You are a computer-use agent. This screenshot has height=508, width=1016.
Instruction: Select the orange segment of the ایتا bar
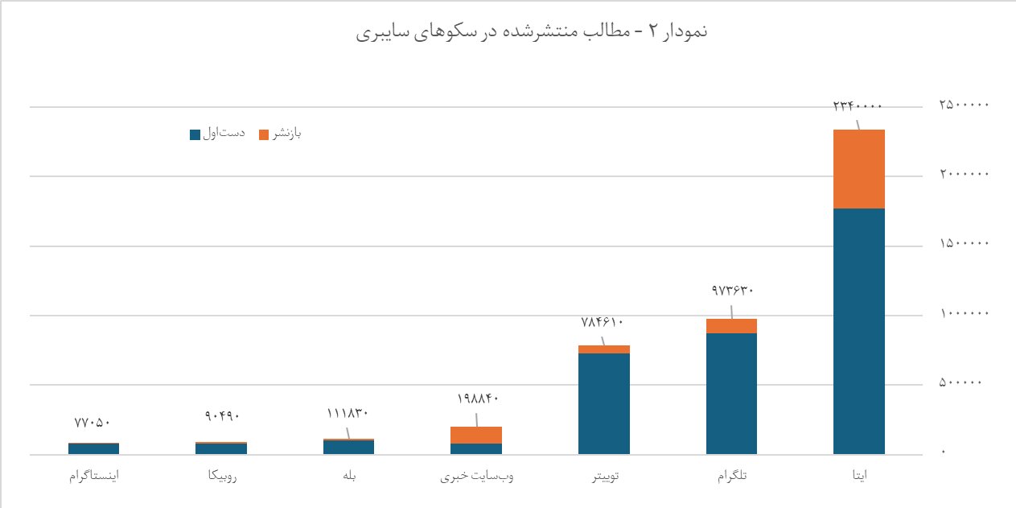859,169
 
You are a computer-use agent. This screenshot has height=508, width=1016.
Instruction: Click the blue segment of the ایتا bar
859,331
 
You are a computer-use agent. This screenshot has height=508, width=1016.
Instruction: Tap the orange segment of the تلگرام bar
731,326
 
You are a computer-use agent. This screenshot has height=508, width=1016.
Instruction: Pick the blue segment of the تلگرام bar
731,394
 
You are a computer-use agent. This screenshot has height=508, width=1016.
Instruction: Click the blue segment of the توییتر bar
603,403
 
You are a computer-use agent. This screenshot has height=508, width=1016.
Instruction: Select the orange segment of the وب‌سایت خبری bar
476,435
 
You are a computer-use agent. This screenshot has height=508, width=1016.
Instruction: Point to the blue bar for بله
348,448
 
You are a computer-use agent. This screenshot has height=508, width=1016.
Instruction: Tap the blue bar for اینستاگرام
93,449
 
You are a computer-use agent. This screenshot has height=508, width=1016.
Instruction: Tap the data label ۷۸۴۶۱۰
603,322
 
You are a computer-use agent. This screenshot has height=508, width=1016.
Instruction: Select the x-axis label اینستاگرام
94,477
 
